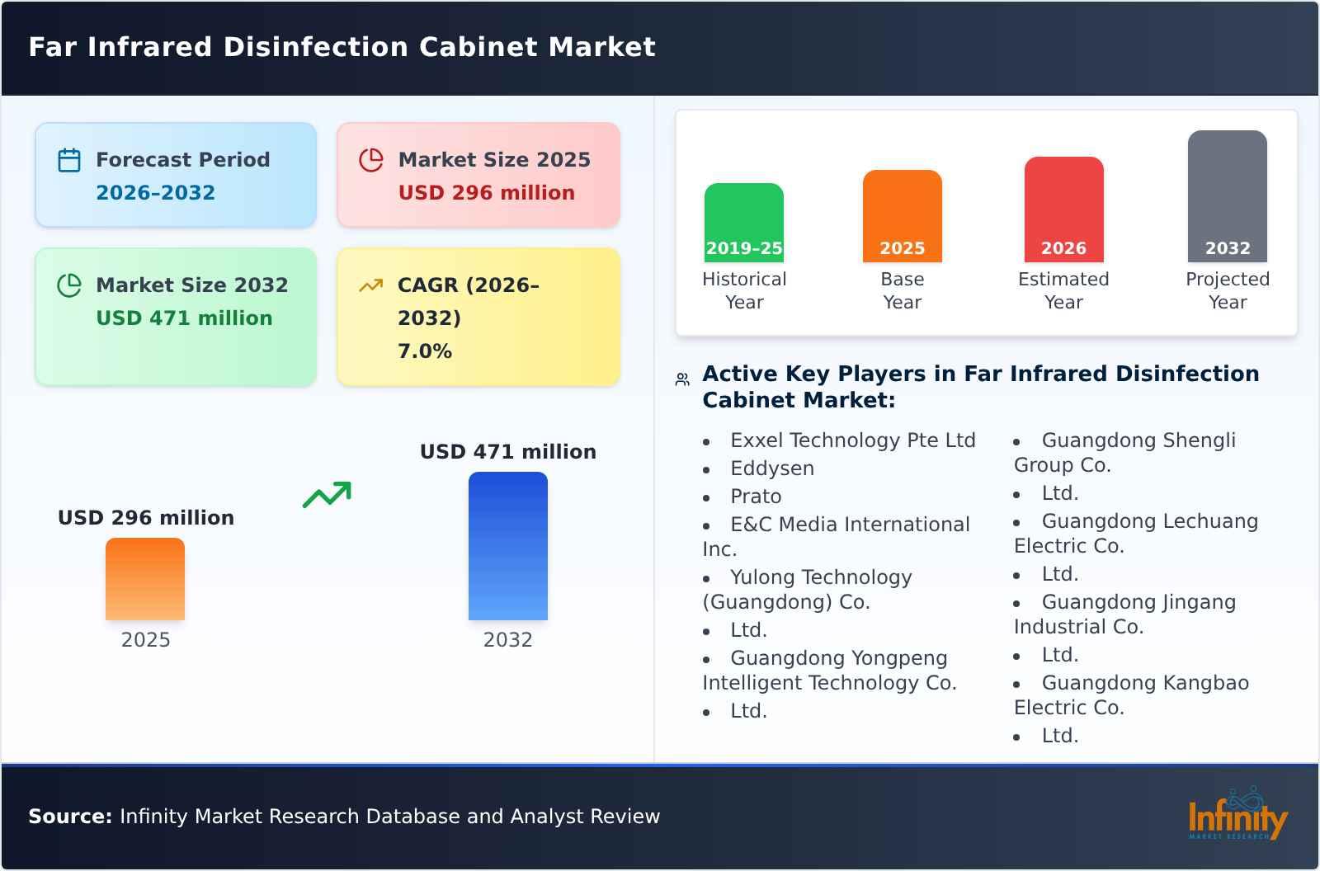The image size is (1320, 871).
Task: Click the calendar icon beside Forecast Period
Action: [69, 160]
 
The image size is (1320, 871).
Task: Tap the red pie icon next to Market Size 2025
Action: [371, 160]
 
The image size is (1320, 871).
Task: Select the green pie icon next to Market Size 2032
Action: [69, 285]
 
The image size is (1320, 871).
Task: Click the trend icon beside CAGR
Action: [371, 285]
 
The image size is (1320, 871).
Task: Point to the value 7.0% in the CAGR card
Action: [425, 351]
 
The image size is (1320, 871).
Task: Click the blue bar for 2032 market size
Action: [508, 545]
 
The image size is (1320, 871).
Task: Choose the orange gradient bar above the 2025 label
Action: [145, 578]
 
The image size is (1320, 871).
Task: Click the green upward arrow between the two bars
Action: [328, 494]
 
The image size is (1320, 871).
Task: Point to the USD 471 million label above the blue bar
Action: [508, 452]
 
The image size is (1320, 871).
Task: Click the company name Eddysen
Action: [772, 468]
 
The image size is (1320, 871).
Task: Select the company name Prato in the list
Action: [756, 497]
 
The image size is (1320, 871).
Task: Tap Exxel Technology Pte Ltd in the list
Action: [853, 440]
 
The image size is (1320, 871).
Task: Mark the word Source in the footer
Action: [70, 817]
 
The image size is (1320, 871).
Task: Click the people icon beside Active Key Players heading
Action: [682, 379]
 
